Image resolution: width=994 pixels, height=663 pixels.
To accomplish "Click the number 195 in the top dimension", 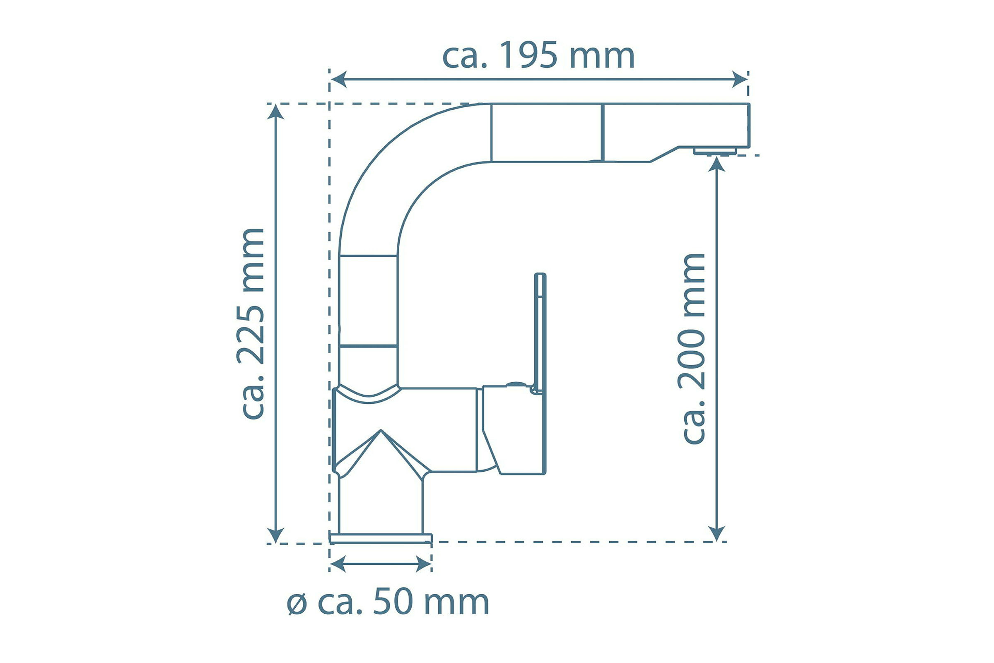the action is [x=528, y=55].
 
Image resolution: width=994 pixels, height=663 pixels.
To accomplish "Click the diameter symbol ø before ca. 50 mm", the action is [x=297, y=604].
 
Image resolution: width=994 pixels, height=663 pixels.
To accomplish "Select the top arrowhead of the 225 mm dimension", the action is [x=276, y=112].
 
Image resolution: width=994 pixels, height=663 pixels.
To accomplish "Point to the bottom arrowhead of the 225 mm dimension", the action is [x=276, y=535].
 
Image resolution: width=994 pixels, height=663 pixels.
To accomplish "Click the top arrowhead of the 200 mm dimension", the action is [x=717, y=164].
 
